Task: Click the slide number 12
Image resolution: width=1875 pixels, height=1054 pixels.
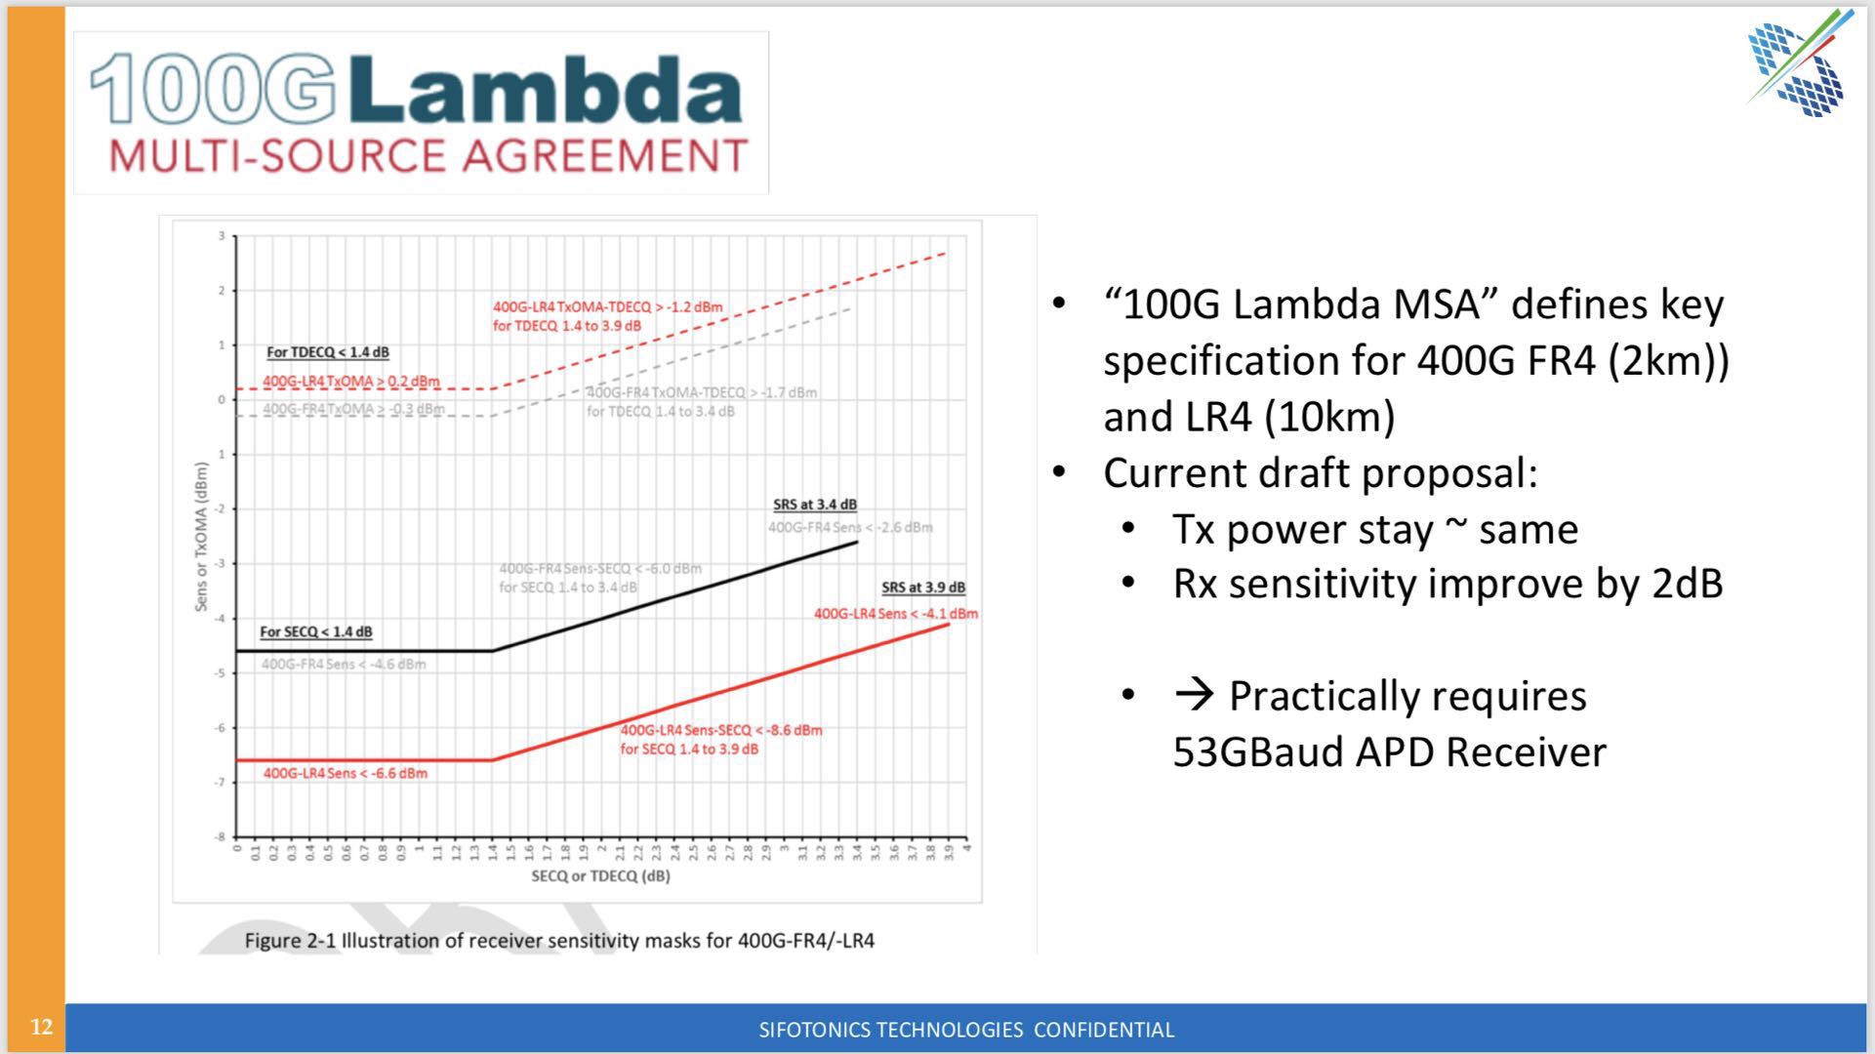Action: point(41,1027)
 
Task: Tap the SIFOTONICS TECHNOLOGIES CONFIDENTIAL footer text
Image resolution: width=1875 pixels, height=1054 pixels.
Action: point(966,1030)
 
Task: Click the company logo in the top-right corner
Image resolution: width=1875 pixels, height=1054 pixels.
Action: point(1798,64)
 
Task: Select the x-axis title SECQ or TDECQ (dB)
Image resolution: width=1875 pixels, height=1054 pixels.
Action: point(600,875)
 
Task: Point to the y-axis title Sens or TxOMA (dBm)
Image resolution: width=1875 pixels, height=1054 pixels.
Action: point(202,537)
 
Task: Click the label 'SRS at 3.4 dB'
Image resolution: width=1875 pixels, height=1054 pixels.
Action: point(814,505)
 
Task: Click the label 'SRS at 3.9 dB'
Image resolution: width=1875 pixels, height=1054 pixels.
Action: point(922,588)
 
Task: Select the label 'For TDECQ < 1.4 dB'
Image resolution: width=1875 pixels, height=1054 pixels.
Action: point(327,352)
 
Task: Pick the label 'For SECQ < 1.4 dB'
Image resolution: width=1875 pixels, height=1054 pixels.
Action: point(315,631)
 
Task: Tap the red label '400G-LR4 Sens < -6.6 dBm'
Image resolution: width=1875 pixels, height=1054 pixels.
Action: point(345,773)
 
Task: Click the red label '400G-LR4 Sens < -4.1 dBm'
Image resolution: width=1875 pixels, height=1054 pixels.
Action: point(895,614)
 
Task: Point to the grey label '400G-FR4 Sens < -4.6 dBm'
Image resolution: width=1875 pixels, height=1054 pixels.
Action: point(343,665)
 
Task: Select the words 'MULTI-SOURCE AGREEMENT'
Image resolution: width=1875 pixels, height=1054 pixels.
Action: point(428,156)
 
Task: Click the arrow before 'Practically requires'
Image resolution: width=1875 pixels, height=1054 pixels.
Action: point(1194,695)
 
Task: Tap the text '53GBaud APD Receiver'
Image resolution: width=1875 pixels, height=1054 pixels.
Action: point(1388,751)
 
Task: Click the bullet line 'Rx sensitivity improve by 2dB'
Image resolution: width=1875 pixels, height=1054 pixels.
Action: point(1447,584)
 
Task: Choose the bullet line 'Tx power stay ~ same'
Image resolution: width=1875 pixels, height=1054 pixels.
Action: point(1374,529)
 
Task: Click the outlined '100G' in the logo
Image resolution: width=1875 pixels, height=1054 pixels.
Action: point(213,91)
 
